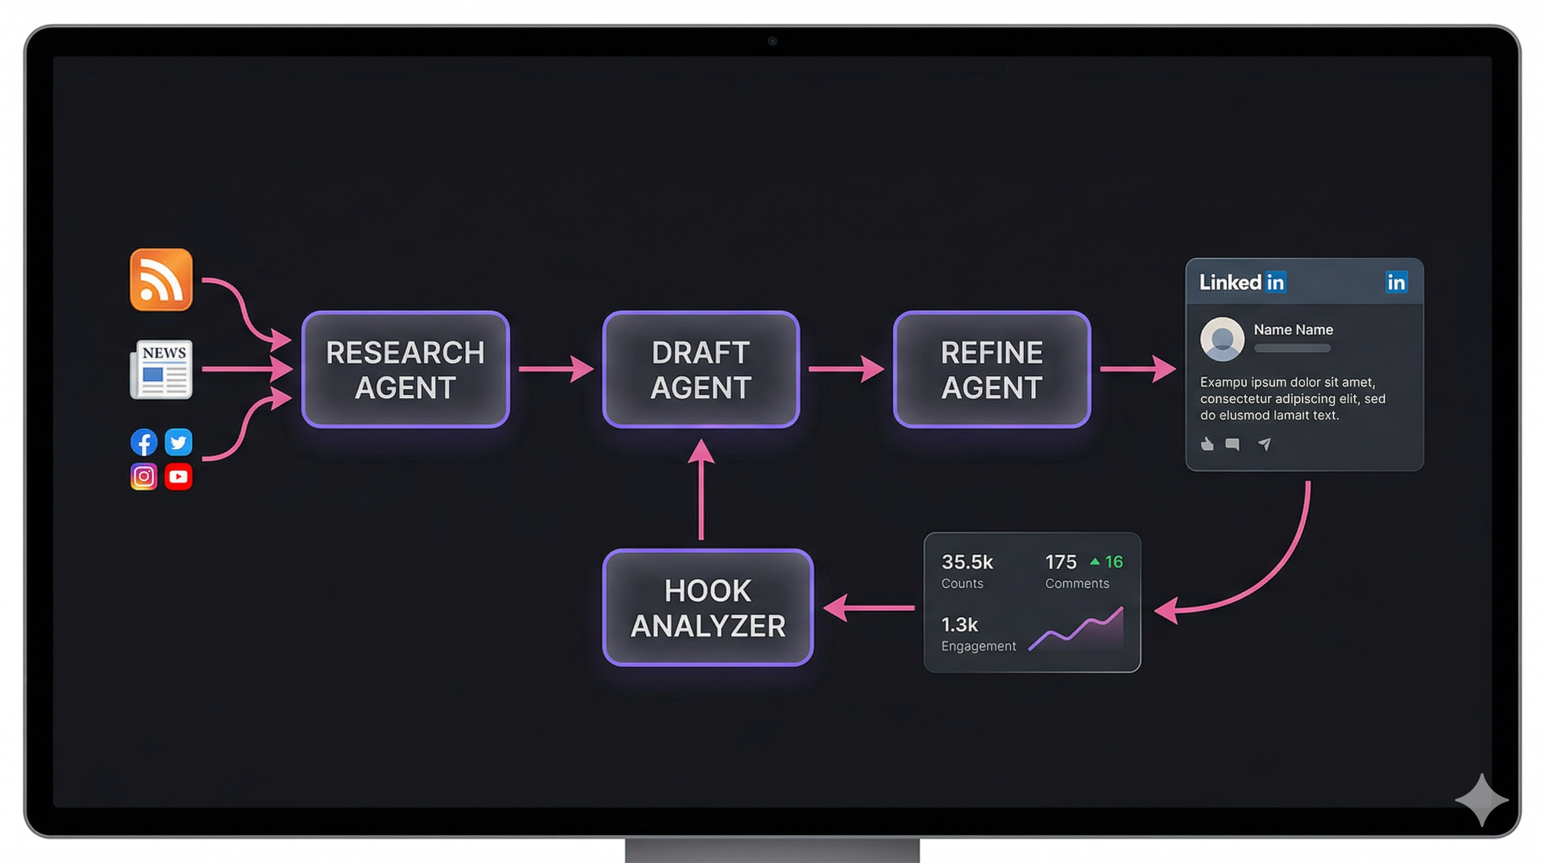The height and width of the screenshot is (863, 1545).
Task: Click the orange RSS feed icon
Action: (161, 280)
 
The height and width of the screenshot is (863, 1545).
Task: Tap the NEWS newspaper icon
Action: (161, 369)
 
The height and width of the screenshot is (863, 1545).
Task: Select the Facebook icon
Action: (144, 442)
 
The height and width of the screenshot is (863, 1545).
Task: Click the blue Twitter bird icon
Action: (178, 442)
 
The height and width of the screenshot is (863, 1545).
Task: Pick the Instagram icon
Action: (144, 476)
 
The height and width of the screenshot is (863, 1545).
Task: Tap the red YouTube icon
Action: (178, 476)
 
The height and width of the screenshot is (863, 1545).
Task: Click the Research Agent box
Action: (405, 369)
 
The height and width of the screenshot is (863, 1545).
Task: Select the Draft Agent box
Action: (701, 369)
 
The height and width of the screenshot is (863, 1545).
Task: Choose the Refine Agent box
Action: (991, 369)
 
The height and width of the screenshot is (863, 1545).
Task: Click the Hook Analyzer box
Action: (708, 607)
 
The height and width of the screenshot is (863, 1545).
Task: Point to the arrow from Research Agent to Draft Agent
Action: (555, 369)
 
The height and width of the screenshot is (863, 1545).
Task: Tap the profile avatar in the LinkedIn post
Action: (1222, 339)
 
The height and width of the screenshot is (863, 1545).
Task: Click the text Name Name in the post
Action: (1293, 329)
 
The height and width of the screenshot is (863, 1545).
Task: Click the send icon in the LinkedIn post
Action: (1264, 444)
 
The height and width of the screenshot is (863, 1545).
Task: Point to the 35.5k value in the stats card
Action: (967, 562)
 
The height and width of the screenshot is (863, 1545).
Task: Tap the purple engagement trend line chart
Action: (1077, 630)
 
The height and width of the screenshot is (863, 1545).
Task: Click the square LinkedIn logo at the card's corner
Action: (1396, 282)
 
